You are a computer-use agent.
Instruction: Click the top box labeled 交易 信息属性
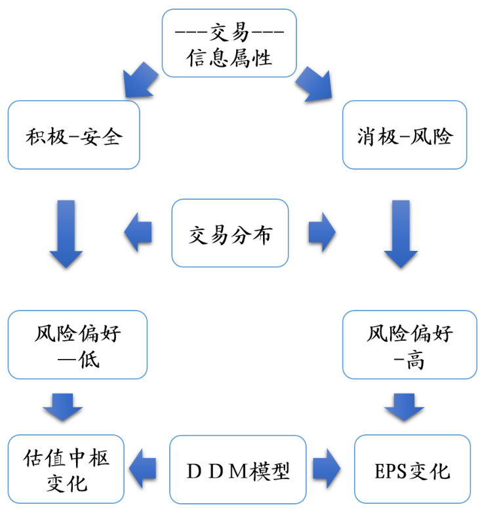click(x=229, y=43)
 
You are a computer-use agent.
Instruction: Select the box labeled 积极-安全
click(x=73, y=135)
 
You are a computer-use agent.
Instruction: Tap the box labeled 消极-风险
click(x=405, y=135)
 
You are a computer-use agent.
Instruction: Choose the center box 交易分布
click(x=230, y=233)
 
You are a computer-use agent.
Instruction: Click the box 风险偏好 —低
click(x=77, y=345)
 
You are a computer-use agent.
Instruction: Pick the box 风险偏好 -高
click(x=410, y=345)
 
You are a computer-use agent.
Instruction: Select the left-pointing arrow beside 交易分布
click(x=138, y=232)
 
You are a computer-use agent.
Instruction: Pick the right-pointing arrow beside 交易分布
click(x=321, y=232)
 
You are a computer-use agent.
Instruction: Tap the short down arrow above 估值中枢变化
click(x=63, y=407)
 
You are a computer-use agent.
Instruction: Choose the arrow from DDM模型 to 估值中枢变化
click(x=143, y=469)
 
